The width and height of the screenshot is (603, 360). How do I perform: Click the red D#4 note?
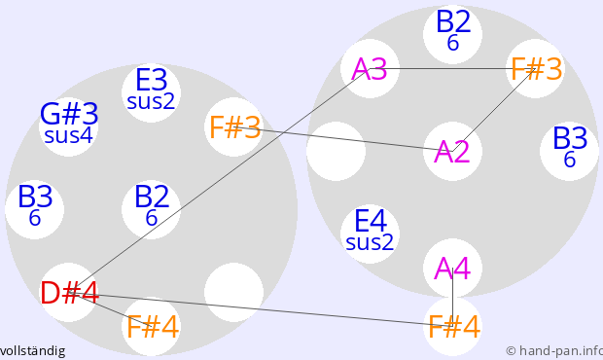[x=68, y=293]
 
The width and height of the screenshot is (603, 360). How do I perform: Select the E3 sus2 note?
[x=151, y=92]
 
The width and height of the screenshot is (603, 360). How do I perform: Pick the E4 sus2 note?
[x=370, y=234]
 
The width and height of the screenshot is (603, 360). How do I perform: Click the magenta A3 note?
[x=370, y=68]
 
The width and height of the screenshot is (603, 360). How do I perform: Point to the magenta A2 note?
[x=452, y=151]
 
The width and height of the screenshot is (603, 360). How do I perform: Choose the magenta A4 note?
[x=452, y=269]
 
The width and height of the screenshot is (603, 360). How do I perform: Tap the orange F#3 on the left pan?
[x=233, y=126]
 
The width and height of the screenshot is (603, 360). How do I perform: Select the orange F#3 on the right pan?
[x=535, y=68]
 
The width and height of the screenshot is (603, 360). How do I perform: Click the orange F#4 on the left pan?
[x=151, y=326]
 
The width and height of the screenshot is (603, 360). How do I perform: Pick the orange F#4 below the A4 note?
[x=452, y=327]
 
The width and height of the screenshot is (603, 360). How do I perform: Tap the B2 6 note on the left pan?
[x=151, y=209]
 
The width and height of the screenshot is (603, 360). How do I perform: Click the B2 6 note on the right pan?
[x=452, y=34]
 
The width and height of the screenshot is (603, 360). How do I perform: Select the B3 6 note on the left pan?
[x=35, y=209]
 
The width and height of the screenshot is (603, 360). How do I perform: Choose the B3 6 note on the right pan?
[x=570, y=151]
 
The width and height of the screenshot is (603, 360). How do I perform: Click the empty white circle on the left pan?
[x=233, y=293]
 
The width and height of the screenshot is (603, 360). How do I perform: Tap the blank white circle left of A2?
[x=337, y=151]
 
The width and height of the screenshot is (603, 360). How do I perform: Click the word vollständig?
[x=32, y=351]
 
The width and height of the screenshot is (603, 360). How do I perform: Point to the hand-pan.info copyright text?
[x=554, y=351]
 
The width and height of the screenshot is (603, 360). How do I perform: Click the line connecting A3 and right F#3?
[x=452, y=68]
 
